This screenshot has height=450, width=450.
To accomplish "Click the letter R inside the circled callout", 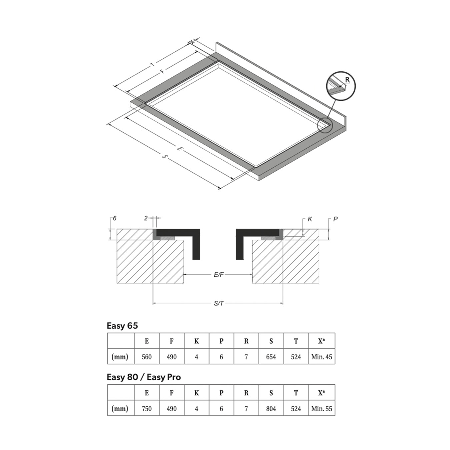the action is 347,80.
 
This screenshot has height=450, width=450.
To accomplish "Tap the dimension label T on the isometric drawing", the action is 153,64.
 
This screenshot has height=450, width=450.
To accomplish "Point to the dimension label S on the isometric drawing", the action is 165,156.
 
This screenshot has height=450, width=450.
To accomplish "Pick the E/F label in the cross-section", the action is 219,275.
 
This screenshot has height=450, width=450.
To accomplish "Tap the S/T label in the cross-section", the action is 219,303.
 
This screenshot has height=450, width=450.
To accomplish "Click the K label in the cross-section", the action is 310,219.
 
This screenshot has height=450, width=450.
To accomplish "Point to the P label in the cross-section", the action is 335,219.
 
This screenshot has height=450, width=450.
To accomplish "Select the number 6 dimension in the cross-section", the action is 114,218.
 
